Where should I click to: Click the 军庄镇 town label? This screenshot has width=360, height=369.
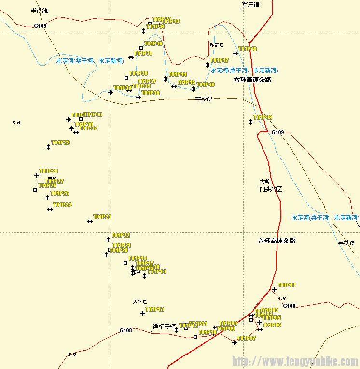pyautogui.click(x=250, y=5)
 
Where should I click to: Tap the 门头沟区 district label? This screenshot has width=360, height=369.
pyautogui.click(x=271, y=189)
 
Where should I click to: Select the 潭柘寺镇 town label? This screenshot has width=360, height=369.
pyautogui.click(x=164, y=326)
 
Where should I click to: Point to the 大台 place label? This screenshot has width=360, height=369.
pyautogui.click(x=16, y=123)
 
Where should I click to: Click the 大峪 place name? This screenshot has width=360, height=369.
pyautogui.click(x=265, y=182)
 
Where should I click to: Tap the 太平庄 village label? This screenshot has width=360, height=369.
pyautogui.click(x=139, y=302)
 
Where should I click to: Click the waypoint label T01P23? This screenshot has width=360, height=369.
pyautogui.click(x=102, y=217)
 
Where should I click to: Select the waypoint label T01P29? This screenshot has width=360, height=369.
pyautogui.click(x=61, y=143)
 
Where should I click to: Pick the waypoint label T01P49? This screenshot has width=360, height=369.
pyautogui.click(x=263, y=118)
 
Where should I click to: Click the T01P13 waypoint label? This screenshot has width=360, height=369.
pyautogui.click(x=155, y=309)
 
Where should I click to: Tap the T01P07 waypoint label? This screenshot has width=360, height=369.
pyautogui.click(x=247, y=338)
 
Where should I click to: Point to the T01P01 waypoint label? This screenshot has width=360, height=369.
pyautogui.click(x=287, y=285)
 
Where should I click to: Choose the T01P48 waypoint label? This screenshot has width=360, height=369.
pyautogui.click(x=248, y=49)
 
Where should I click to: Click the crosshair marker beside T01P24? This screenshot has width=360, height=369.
pyautogui.click(x=50, y=209)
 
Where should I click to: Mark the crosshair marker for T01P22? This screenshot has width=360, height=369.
pyautogui.click(x=108, y=240)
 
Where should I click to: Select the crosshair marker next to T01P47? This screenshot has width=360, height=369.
pyautogui.click(x=207, y=65)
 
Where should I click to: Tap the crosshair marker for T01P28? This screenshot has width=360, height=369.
pyautogui.click(x=36, y=175)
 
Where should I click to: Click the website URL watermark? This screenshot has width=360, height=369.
pyautogui.click(x=295, y=361)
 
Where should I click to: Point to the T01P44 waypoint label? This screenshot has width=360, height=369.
pyautogui.click(x=178, y=75)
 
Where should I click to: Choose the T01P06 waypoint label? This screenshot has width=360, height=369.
pyautogui.click(x=272, y=326)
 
